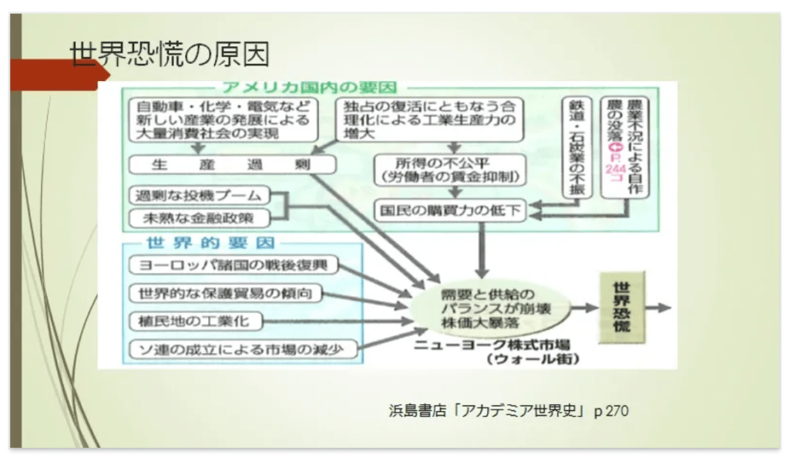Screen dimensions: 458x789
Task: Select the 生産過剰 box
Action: pos(222,164)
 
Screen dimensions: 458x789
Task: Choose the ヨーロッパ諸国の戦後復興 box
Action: pos(233,267)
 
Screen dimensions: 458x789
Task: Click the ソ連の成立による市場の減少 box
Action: pos(244,349)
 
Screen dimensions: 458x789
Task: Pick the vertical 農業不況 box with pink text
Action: pos(624,146)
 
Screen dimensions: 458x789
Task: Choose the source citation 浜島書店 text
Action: pos(508,411)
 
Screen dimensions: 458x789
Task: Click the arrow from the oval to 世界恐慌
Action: pos(586,307)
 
